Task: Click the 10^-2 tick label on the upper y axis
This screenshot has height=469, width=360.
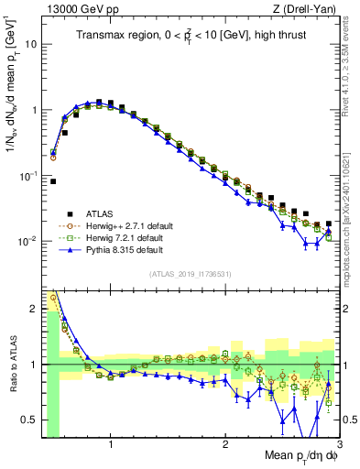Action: [28, 241]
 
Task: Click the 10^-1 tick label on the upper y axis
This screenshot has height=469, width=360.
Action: [28, 175]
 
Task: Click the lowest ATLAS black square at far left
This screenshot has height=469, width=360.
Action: [53, 181]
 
